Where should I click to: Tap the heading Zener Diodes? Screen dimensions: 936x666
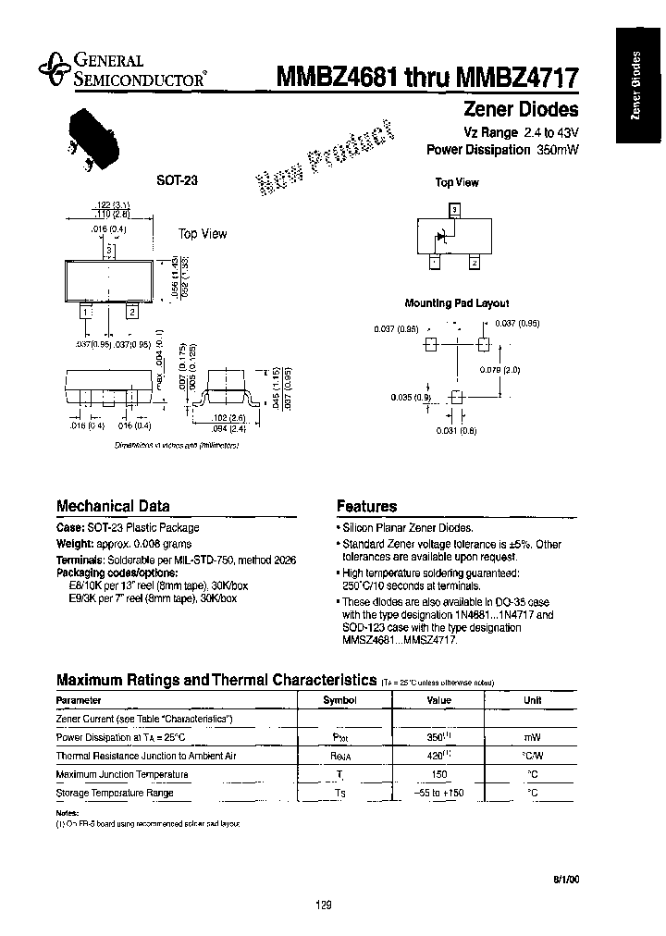click(x=520, y=110)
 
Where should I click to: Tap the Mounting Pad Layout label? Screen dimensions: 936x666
click(x=457, y=302)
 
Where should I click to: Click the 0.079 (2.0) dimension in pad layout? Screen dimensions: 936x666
click(x=506, y=369)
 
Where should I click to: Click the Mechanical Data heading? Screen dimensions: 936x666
click(x=113, y=506)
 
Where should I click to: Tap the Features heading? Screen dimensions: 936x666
click(x=366, y=506)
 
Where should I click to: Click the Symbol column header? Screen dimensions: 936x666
click(x=339, y=701)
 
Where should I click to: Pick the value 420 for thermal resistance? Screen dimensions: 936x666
click(x=436, y=756)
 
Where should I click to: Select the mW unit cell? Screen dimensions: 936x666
click(x=532, y=737)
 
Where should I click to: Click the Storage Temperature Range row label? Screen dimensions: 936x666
click(x=115, y=793)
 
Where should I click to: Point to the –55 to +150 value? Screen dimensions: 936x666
click(x=438, y=793)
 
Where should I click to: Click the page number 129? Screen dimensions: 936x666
click(x=323, y=905)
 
